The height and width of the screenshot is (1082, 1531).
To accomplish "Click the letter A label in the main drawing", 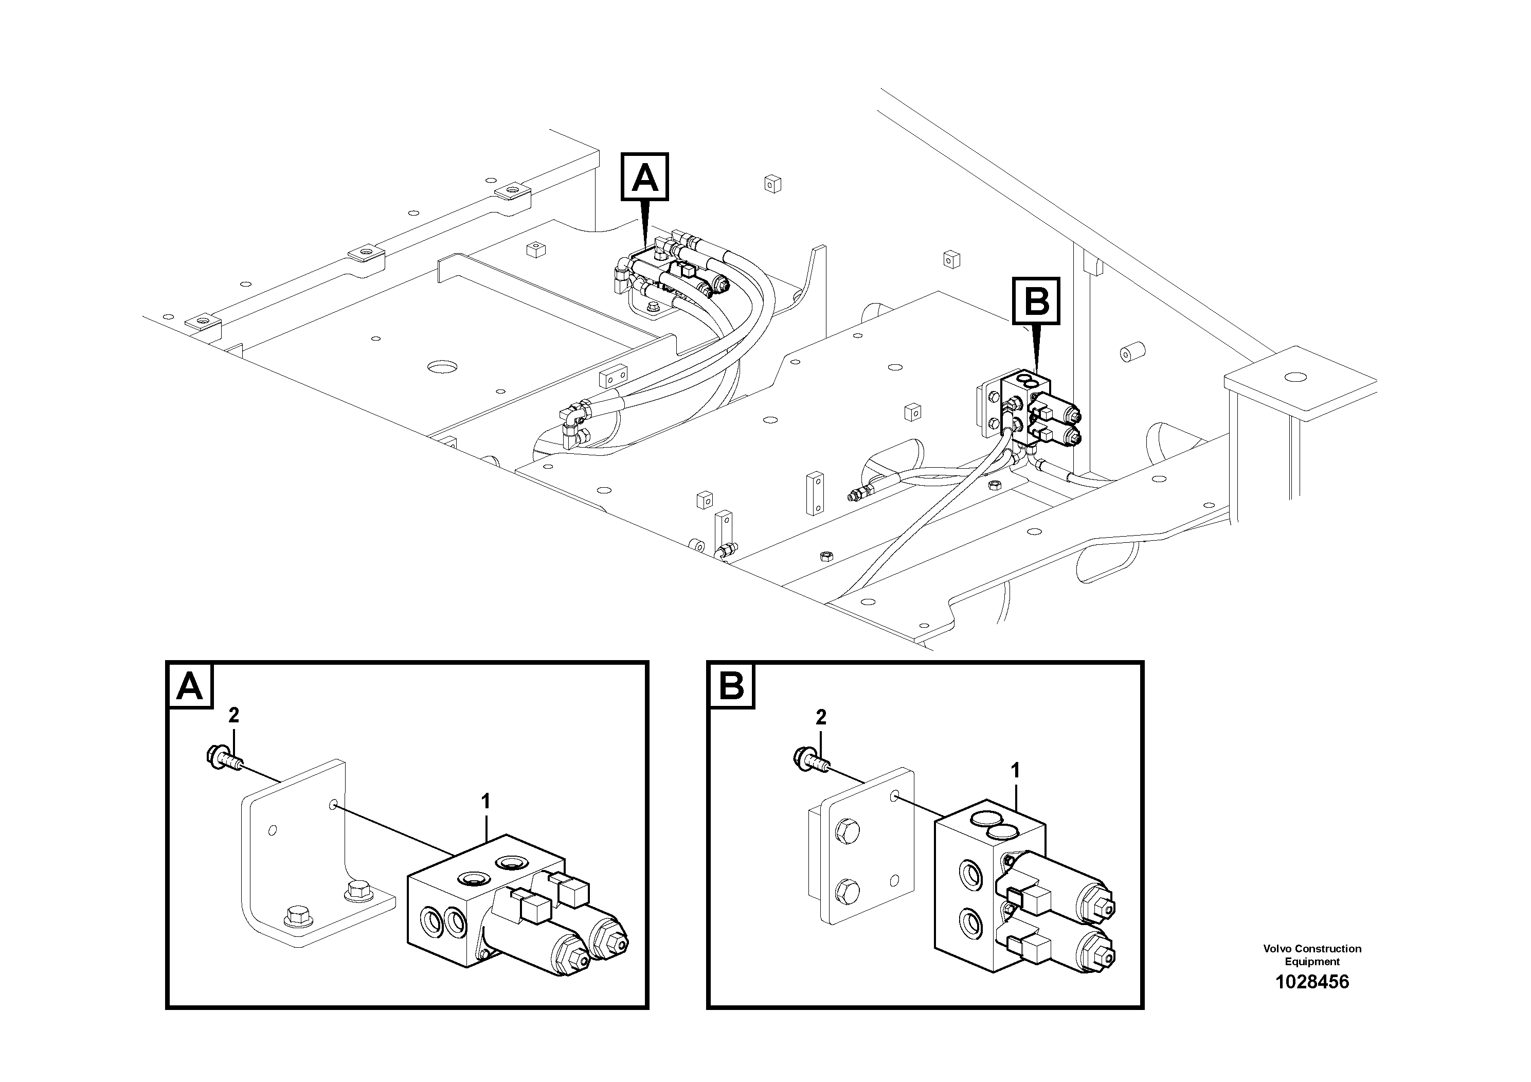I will tap(645, 178).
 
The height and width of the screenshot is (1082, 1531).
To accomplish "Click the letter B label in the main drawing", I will tap(1036, 301).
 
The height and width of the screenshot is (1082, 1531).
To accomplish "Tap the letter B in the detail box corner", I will tap(731, 686).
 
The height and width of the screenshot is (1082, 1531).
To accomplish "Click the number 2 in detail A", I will tap(233, 716).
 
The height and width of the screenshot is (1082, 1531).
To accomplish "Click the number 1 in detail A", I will tap(485, 801).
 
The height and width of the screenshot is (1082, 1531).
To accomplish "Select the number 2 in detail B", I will tap(821, 717).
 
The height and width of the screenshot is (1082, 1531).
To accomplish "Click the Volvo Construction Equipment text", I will tap(1311, 954).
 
